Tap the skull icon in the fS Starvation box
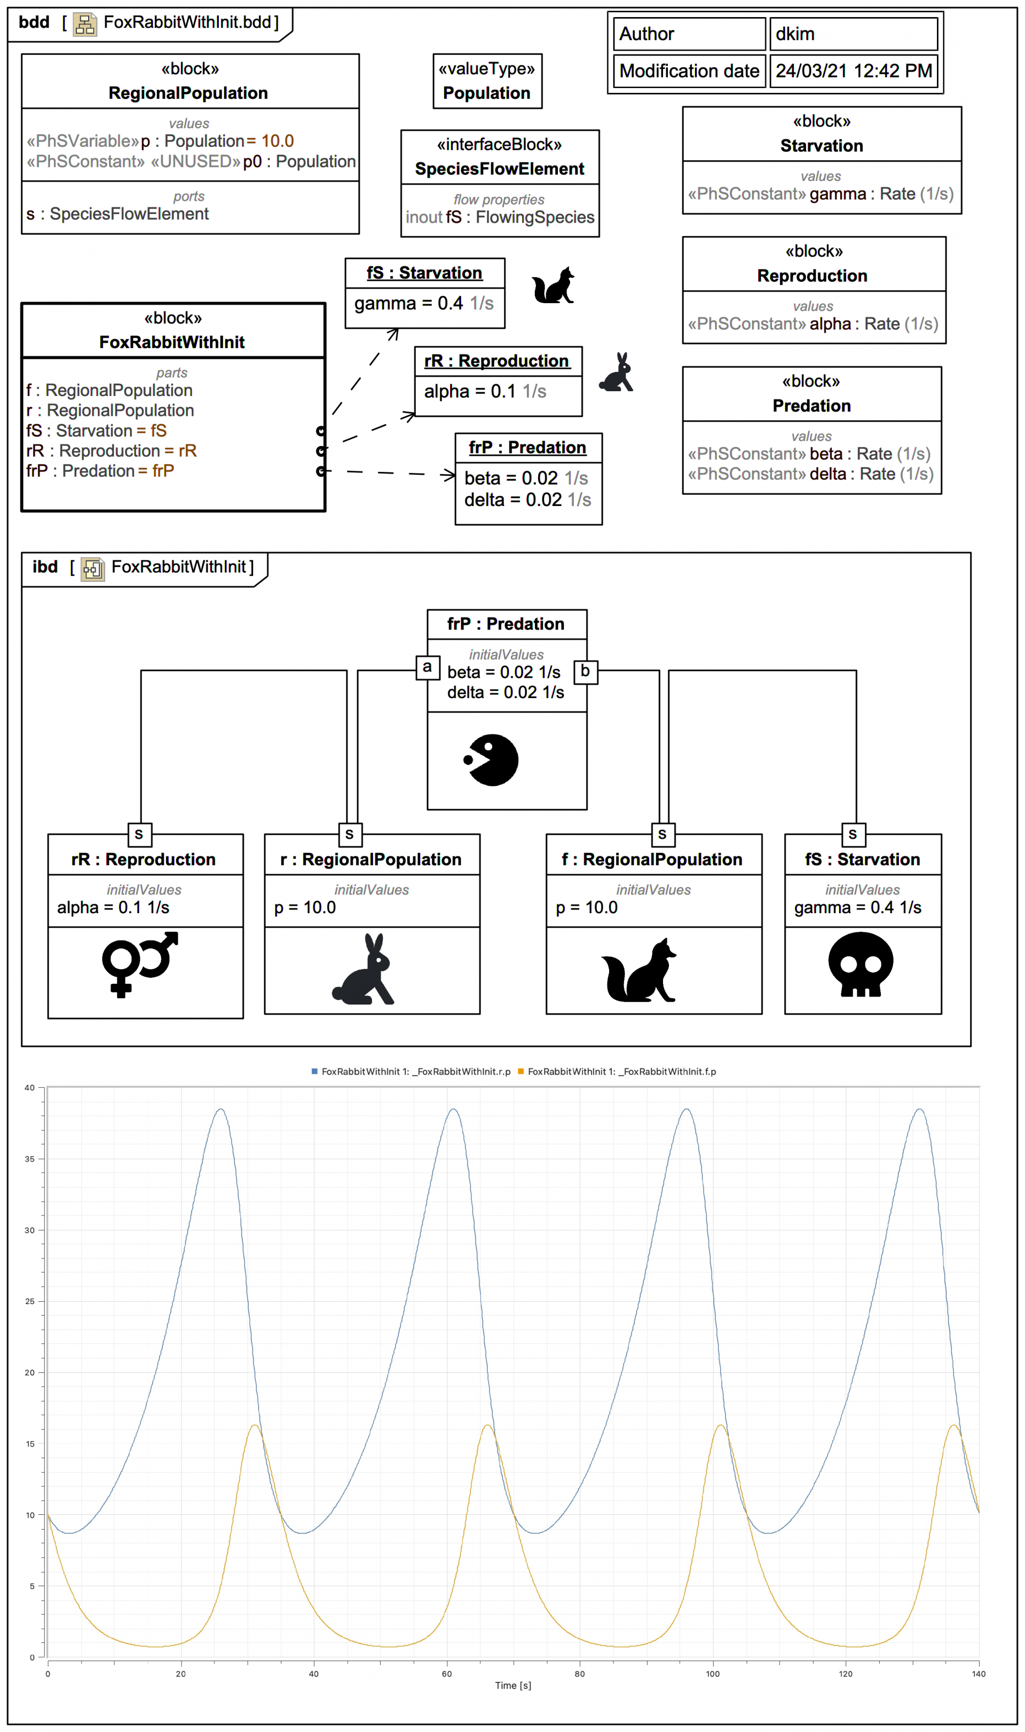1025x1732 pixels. (x=860, y=963)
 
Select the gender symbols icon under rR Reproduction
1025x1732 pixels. (x=139, y=963)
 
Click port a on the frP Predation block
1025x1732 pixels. (x=428, y=667)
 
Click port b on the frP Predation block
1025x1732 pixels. (x=586, y=671)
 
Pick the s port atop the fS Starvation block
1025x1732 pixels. (x=853, y=834)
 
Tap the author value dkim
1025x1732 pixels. (x=794, y=34)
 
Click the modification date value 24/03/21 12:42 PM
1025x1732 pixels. (x=853, y=71)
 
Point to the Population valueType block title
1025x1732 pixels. (x=487, y=93)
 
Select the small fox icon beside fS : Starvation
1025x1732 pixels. (x=553, y=286)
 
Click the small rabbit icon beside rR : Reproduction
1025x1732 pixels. (x=617, y=373)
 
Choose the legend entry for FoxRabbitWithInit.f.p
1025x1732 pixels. (x=621, y=1071)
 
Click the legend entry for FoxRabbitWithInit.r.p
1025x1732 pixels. (x=415, y=1071)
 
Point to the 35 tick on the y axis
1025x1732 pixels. (x=30, y=1159)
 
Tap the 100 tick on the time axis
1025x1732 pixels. (x=712, y=1673)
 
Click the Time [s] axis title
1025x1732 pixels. (x=512, y=1685)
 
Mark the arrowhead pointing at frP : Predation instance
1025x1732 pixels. (x=449, y=474)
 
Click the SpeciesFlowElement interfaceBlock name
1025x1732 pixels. (x=499, y=169)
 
